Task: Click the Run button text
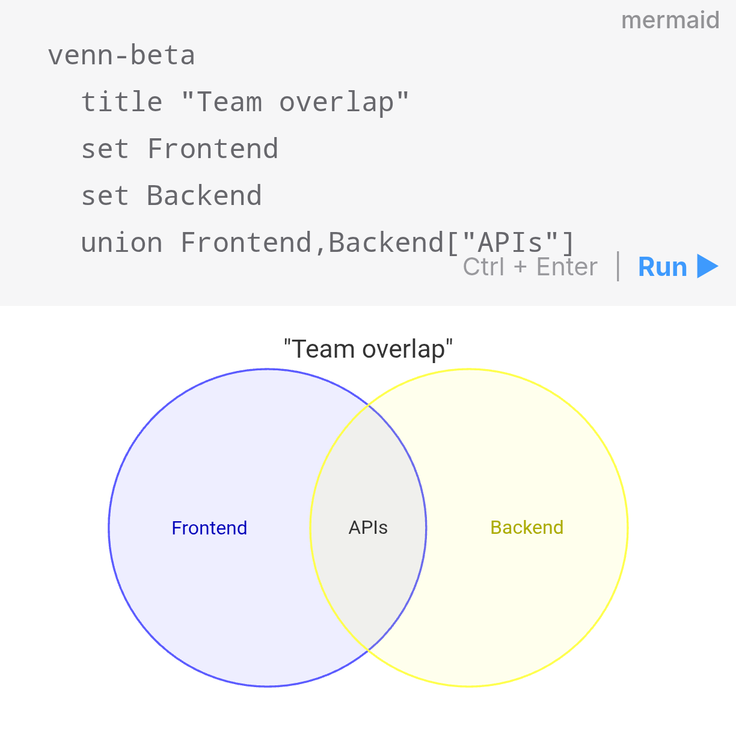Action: point(662,267)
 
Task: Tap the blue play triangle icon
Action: point(707,266)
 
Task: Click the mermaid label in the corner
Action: point(670,20)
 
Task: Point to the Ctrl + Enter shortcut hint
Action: point(530,267)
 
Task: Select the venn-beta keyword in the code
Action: point(121,55)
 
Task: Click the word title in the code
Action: point(121,102)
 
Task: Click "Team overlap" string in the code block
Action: point(295,102)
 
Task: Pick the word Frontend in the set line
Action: point(212,148)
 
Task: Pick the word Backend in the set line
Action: point(204,195)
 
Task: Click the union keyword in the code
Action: point(121,242)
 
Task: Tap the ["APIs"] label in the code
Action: point(510,242)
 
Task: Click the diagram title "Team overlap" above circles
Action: point(368,349)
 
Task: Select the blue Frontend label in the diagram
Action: point(209,528)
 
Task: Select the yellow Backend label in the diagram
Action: point(527,527)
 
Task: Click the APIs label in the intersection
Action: point(368,528)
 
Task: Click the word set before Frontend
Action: point(105,148)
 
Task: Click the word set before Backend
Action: point(105,195)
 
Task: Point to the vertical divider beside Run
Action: point(618,266)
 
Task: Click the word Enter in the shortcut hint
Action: point(566,267)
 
